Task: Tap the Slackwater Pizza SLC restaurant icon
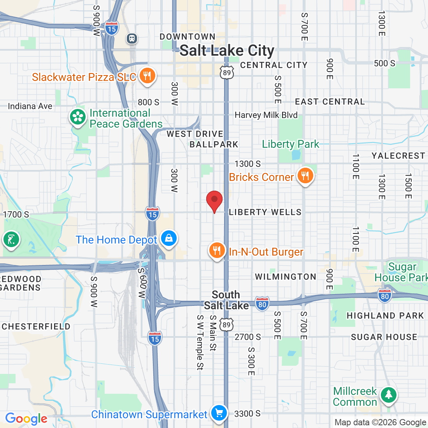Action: coord(147,76)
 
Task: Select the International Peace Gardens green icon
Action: coord(78,117)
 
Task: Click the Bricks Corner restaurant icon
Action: coord(305,176)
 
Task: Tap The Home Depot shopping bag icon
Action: coord(168,239)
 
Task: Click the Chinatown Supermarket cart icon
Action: coord(219,413)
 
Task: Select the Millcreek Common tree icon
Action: coord(388,395)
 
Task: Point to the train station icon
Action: coord(132,38)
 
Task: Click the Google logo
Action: coord(26,419)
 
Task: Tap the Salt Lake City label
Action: coord(227,51)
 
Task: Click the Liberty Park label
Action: coord(290,144)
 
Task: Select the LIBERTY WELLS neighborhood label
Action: coord(265,212)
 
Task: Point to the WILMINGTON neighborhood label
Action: coord(286,277)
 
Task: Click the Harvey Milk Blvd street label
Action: coord(266,115)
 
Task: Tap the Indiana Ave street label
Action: coord(30,106)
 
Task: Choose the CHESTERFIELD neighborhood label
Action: coord(36,326)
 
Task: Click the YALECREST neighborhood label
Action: coord(398,156)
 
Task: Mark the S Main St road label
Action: coord(212,333)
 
